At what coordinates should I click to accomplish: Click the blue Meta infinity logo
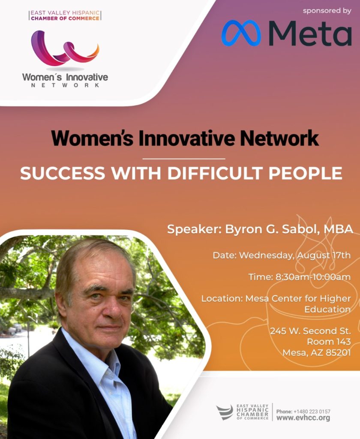coord(241,33)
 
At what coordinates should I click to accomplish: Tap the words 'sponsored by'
coord(327,11)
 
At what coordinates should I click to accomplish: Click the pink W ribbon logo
coord(65,48)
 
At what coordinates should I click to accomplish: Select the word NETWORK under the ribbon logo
coord(65,85)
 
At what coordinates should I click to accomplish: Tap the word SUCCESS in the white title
coord(63,173)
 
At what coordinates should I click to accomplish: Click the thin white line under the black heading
coord(184,159)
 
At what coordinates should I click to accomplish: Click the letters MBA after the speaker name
coord(338,229)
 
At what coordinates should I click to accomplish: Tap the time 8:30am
coord(292,277)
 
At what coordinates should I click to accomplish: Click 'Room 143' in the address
coord(329,342)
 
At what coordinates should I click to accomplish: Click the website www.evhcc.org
coord(303,418)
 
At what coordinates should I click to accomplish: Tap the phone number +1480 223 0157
coord(312,411)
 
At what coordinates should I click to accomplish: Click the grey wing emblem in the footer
coord(225,412)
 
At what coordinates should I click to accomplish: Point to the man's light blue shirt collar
coord(93,355)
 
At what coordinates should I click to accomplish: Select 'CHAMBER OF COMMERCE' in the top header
coord(65,18)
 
